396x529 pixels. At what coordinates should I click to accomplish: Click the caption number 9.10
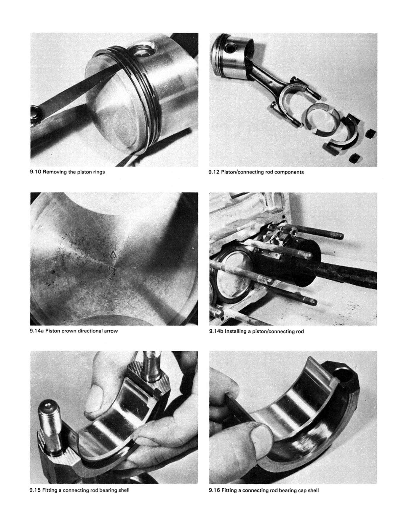pyautogui.click(x=36, y=172)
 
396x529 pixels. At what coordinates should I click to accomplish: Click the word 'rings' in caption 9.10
pyautogui.click(x=98, y=172)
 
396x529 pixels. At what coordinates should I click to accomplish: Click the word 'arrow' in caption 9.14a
pyautogui.click(x=110, y=331)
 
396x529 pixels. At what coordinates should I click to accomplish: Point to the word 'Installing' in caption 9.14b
pyautogui.click(x=236, y=331)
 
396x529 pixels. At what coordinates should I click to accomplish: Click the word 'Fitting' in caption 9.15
pyautogui.click(x=50, y=490)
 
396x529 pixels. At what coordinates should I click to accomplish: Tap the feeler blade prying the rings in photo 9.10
pyautogui.click(x=74, y=89)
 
